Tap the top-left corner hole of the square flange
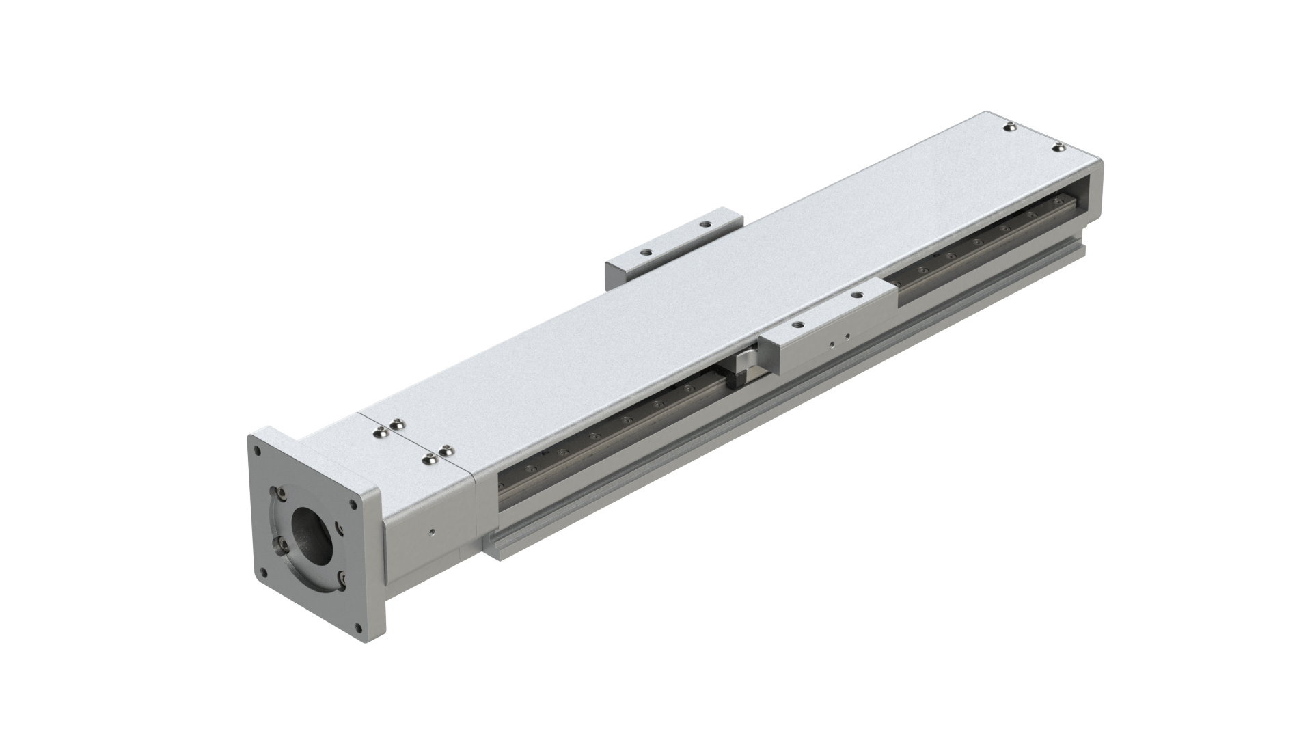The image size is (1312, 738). [x=258, y=451]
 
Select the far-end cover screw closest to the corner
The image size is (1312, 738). [x=1058, y=147]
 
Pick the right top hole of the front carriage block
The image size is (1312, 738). [x=856, y=295]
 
